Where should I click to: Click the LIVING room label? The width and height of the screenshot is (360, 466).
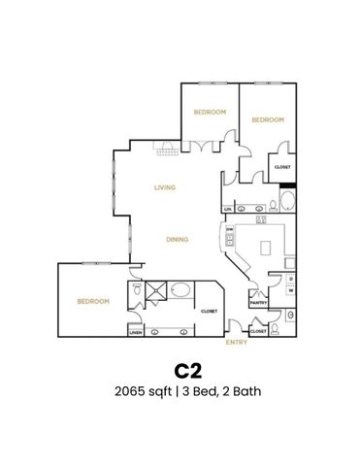164,187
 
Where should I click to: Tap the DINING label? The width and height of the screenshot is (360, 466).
177,239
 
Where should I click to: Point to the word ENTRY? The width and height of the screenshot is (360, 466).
236,342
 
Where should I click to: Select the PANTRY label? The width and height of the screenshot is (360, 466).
258,303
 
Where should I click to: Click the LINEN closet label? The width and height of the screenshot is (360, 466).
135,333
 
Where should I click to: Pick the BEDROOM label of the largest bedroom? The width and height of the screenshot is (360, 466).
93,301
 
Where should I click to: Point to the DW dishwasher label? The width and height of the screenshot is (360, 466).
229,229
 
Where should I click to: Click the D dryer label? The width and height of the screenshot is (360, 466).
291,278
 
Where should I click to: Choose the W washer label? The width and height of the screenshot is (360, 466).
291,290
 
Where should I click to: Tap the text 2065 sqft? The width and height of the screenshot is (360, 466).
136,392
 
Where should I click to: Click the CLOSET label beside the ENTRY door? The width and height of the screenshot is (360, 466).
257,331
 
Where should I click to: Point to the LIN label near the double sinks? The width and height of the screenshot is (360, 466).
228,209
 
